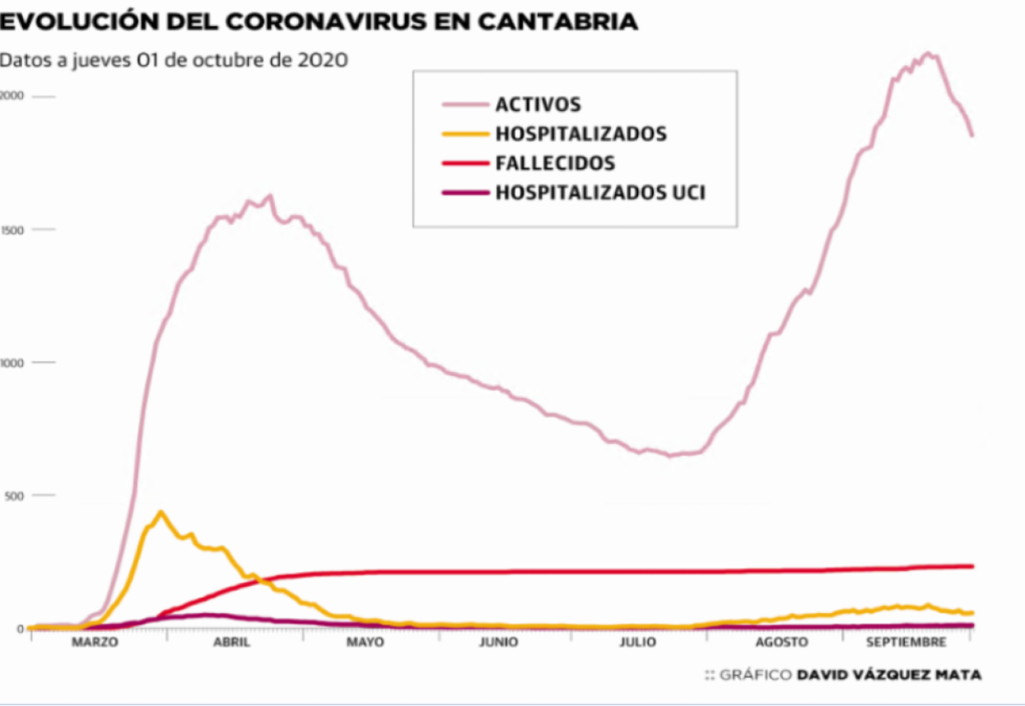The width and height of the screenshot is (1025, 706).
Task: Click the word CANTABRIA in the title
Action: click(558, 22)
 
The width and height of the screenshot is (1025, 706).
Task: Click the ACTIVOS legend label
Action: click(538, 104)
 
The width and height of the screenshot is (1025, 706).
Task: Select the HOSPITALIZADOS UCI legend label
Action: click(600, 193)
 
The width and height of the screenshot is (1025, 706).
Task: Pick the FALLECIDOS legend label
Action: click(555, 163)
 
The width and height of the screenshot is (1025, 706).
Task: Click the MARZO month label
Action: click(94, 642)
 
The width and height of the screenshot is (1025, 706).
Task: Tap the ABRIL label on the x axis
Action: click(232, 642)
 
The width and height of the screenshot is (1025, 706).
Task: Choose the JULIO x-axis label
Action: click(637, 642)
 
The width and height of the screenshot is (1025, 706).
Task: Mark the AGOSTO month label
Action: click(781, 642)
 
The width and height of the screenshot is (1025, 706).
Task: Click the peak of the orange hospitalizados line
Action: click(161, 512)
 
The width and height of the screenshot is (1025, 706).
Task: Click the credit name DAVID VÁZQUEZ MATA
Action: click(889, 675)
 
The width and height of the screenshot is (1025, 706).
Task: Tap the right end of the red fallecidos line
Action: click(972, 566)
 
